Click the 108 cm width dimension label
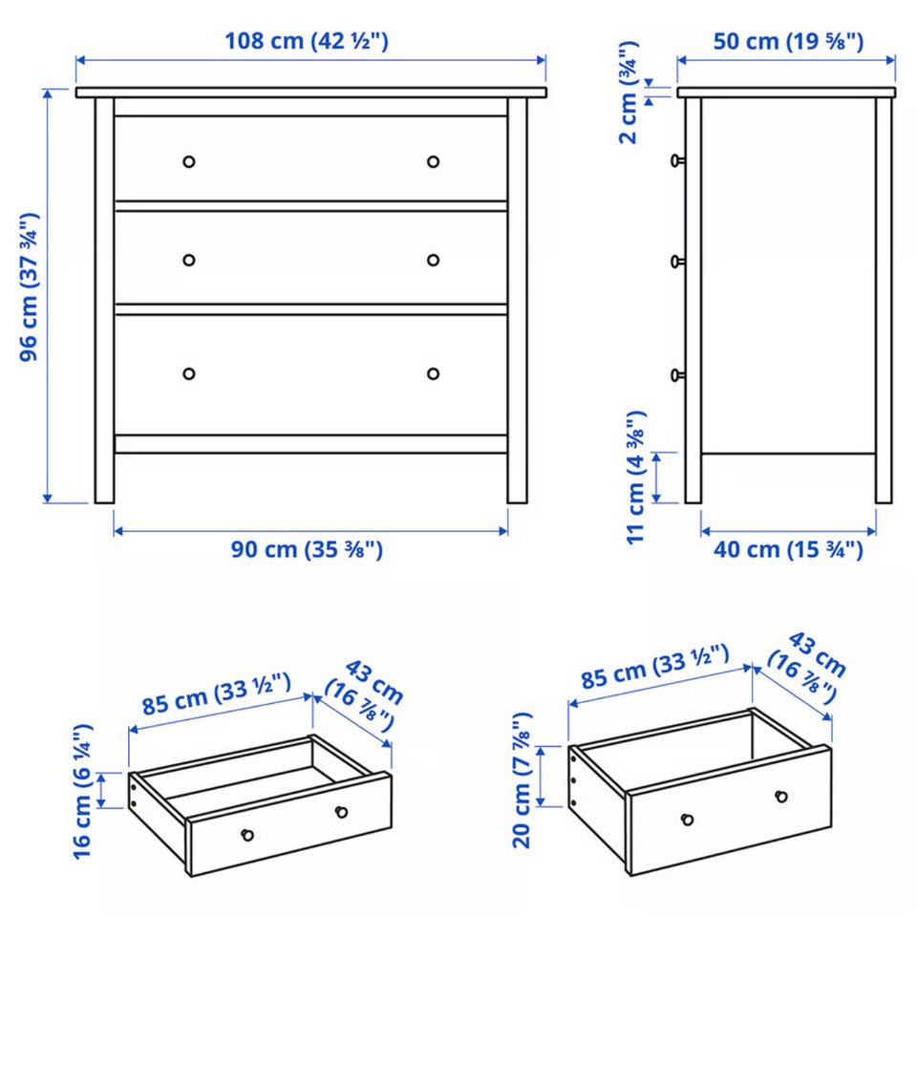click(x=306, y=41)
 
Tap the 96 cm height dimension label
click(x=29, y=287)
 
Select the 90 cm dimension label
click(x=307, y=549)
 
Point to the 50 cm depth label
click(x=789, y=41)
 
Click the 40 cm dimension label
click(x=789, y=549)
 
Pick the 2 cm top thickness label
click(x=629, y=93)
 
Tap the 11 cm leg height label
click(x=636, y=478)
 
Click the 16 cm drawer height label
click(x=82, y=792)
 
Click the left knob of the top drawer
click(x=189, y=161)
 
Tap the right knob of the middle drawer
click(x=433, y=260)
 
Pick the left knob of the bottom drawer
click(x=189, y=374)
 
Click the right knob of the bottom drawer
click(x=433, y=374)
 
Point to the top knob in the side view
click(x=677, y=161)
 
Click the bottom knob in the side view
click(x=677, y=375)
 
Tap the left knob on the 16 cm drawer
click(x=247, y=835)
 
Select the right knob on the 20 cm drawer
click(x=781, y=797)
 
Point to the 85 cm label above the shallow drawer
click(x=217, y=693)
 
